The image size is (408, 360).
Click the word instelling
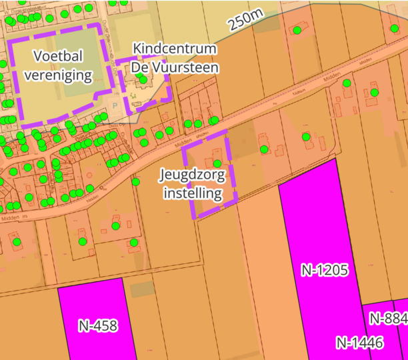[x=193, y=193]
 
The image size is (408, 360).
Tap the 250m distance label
[x=244, y=21]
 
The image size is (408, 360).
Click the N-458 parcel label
[x=98, y=325]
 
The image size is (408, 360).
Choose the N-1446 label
[x=359, y=343]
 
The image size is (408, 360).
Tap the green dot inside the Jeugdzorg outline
[x=217, y=163]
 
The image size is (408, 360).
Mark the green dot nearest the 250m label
[x=298, y=29]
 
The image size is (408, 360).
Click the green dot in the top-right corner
[x=396, y=29]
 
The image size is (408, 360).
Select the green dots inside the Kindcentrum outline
[x=143, y=80]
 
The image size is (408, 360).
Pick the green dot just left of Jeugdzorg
[x=136, y=181]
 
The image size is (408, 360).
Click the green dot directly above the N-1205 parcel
[x=306, y=137]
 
